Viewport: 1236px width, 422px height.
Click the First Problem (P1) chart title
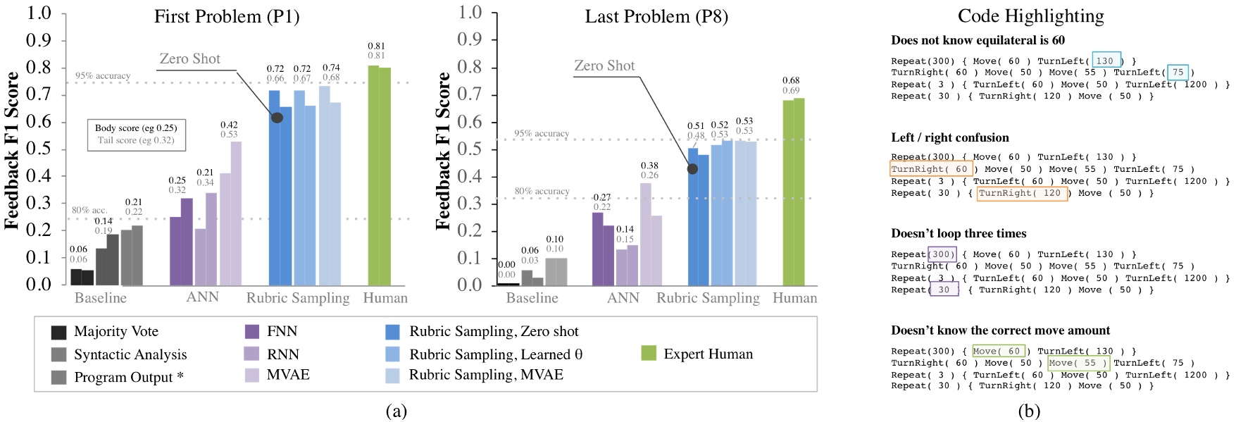pos(227,17)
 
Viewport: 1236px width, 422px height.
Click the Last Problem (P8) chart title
pos(656,17)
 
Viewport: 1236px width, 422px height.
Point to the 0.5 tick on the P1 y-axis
pos(39,149)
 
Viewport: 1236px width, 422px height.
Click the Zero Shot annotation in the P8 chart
pos(604,66)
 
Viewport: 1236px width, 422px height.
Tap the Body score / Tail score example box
pos(136,134)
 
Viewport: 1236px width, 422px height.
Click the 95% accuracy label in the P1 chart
pos(103,75)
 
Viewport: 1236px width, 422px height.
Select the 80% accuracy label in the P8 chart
pos(542,191)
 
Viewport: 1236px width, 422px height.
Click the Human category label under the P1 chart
pos(385,298)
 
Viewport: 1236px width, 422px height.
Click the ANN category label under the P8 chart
pos(623,298)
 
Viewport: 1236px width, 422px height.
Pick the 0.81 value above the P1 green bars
pos(376,46)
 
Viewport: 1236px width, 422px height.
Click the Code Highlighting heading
pos(1031,16)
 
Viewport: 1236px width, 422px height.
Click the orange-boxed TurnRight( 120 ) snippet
pos(1021,193)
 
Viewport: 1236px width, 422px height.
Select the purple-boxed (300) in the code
pos(942,254)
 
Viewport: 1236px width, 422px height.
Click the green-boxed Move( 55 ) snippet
pos(1078,363)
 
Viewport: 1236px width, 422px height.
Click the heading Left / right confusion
pos(949,137)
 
